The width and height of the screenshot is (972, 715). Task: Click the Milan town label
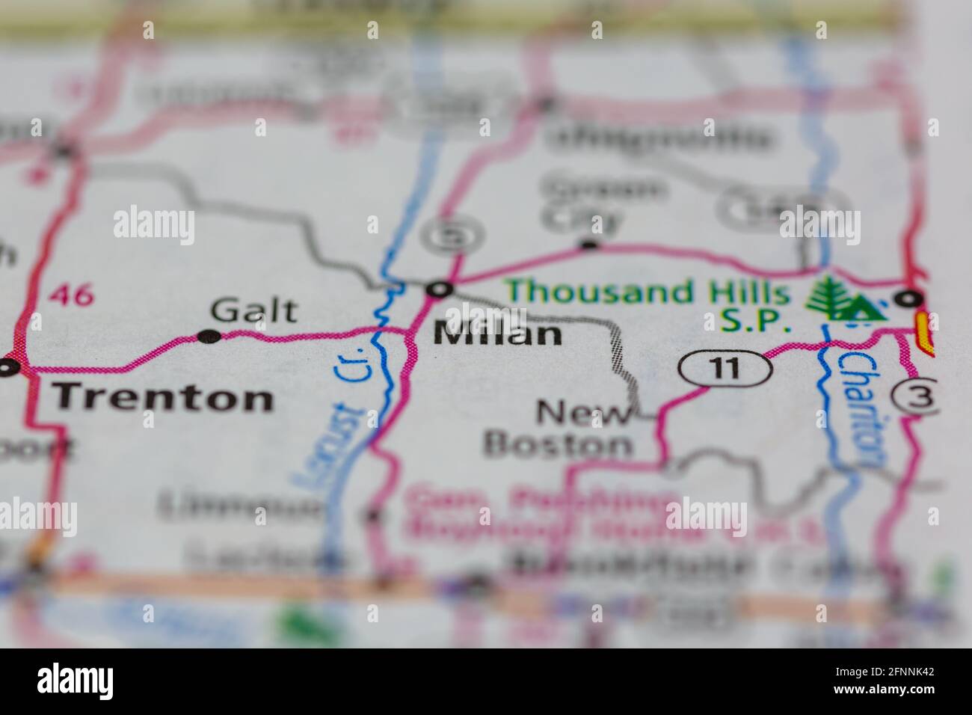(x=498, y=334)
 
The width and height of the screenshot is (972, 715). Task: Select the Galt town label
(x=254, y=310)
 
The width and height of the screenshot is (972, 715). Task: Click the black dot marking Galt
(x=209, y=337)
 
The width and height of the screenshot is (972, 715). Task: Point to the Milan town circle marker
(x=441, y=289)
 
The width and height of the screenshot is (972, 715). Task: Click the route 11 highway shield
(x=725, y=368)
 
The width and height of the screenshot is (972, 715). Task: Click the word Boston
(x=558, y=445)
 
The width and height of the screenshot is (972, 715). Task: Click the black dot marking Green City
(x=590, y=244)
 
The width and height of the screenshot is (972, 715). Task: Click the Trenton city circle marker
(x=9, y=367)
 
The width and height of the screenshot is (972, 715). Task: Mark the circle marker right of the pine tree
(x=909, y=298)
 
